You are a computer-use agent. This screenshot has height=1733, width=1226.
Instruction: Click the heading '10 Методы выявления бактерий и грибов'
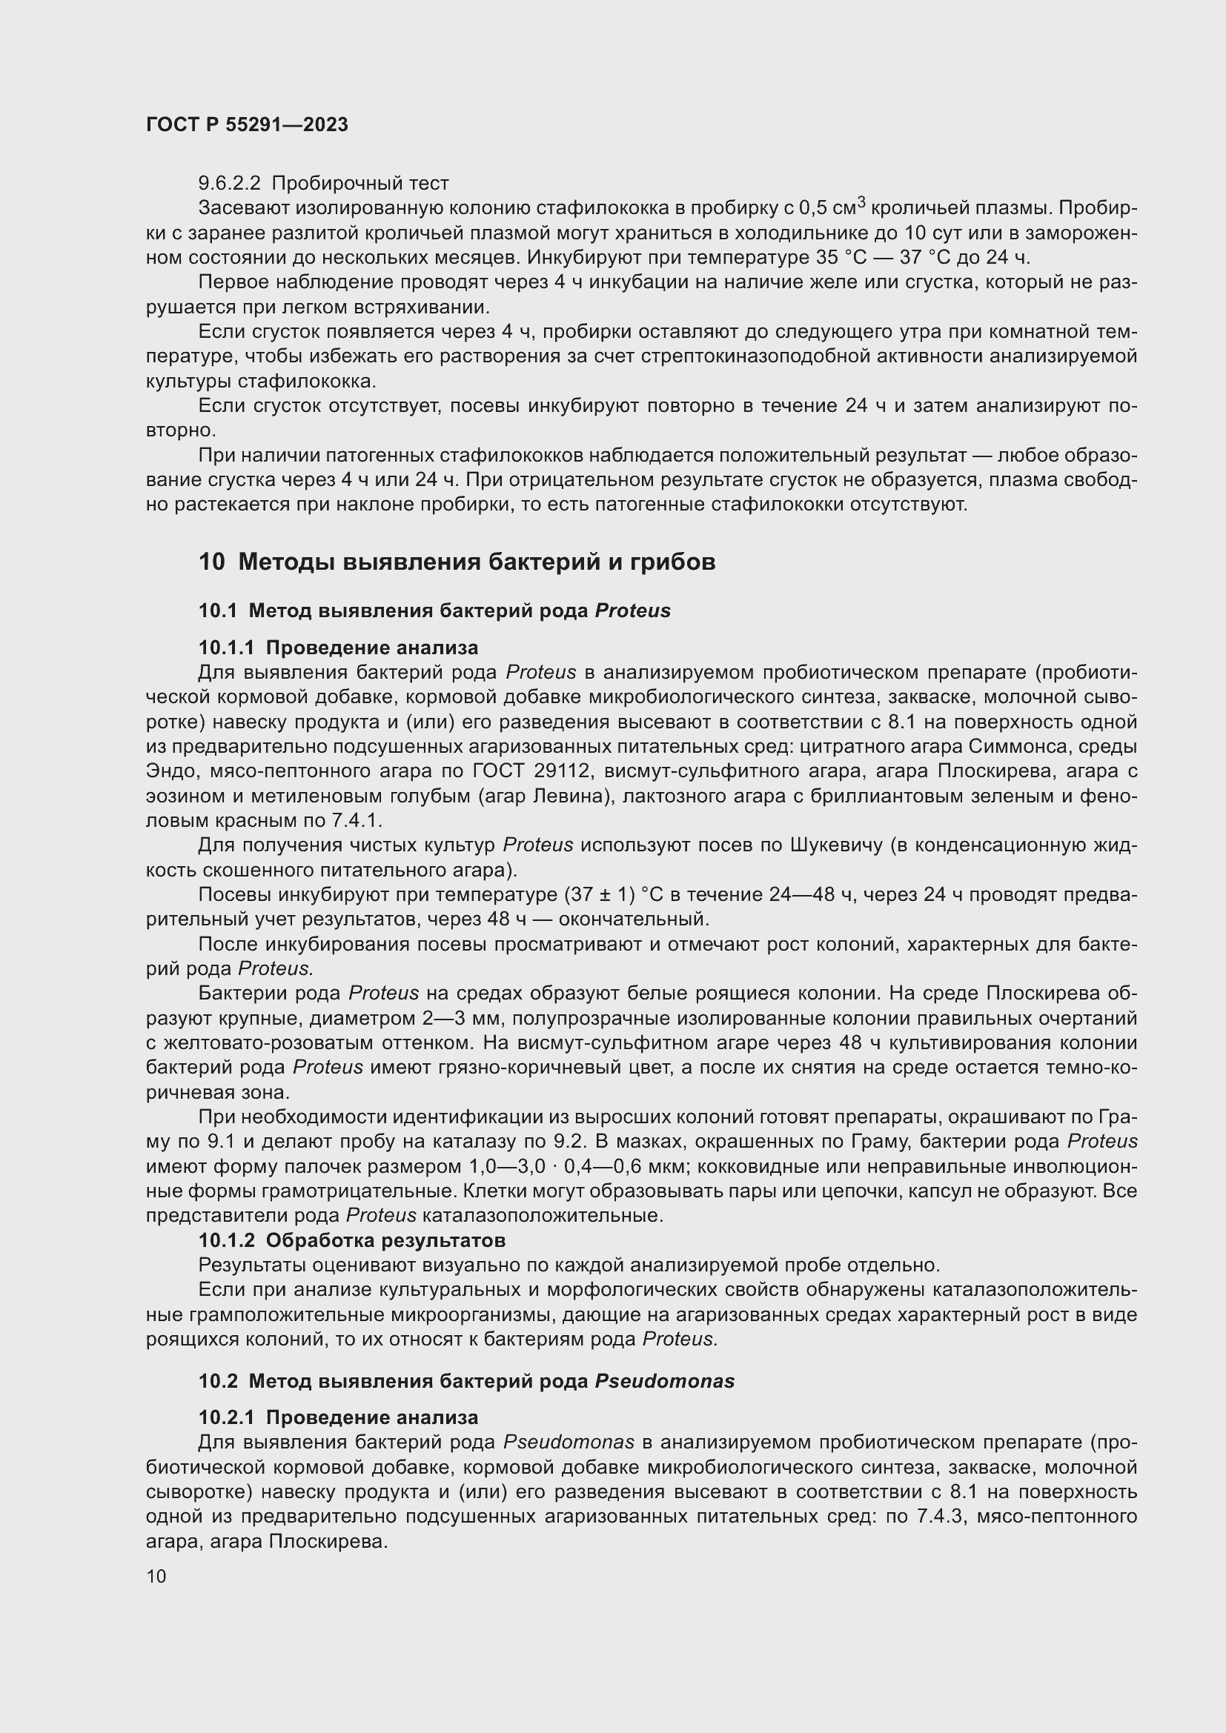[457, 562]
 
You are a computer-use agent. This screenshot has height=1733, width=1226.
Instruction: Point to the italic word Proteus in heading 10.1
[632, 611]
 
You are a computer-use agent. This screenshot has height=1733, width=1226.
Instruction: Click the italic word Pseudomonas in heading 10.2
[664, 1381]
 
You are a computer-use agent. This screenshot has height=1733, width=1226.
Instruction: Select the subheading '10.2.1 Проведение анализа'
[338, 1417]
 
